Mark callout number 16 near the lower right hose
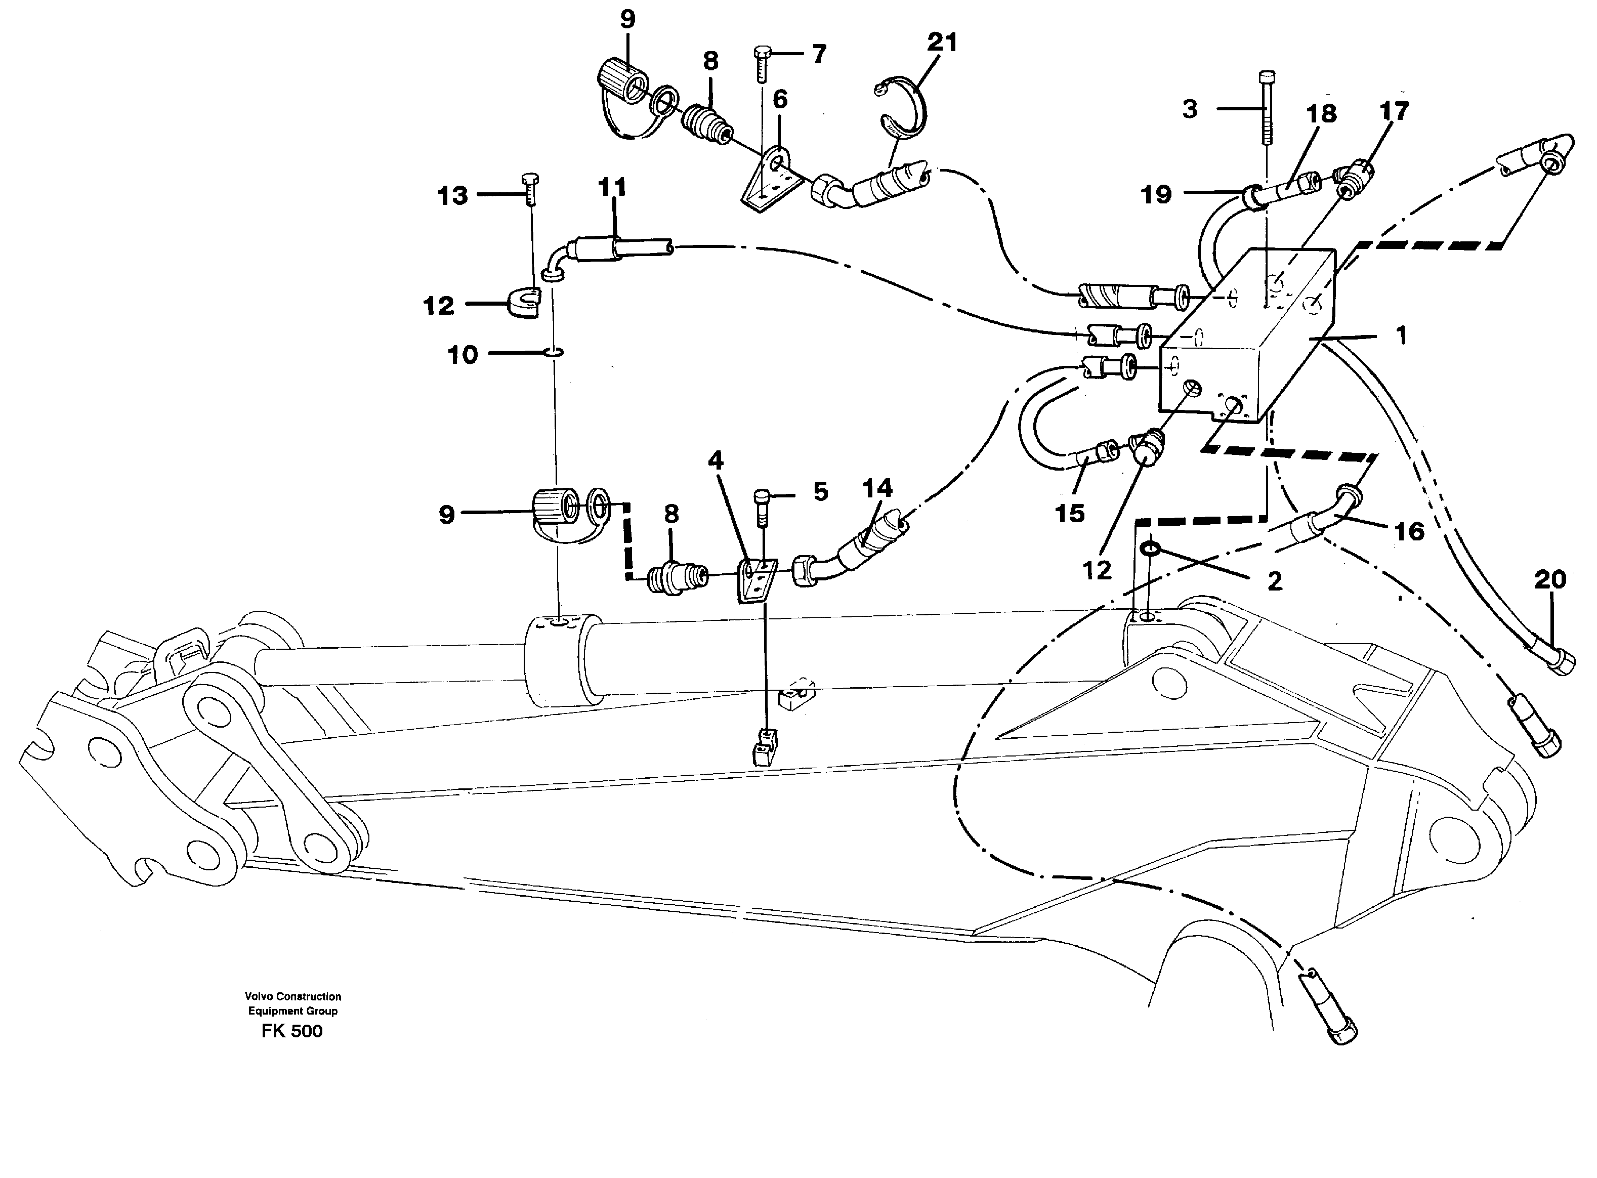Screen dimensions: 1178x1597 pyautogui.click(x=1409, y=531)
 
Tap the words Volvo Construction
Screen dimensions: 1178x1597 pyautogui.click(x=292, y=996)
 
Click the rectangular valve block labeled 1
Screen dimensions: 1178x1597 pyautogui.click(x=1248, y=335)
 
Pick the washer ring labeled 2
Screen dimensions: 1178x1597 pyautogui.click(x=1150, y=549)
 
